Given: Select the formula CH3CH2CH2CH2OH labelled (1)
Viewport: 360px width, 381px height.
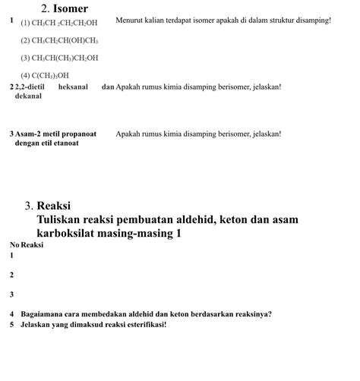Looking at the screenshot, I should click(x=59, y=23).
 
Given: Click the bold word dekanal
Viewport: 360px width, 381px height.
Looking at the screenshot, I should click(x=28, y=96).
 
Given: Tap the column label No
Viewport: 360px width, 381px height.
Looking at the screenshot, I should click(x=14, y=245).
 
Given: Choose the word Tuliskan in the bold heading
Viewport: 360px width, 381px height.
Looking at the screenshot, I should click(x=60, y=219).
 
